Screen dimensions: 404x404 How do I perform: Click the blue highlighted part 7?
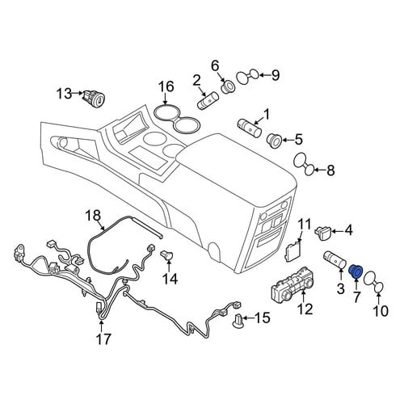(x=356, y=272)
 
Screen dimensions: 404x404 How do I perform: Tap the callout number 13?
(x=65, y=94)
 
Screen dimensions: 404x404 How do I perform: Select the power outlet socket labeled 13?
(x=95, y=99)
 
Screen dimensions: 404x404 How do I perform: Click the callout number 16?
(x=166, y=86)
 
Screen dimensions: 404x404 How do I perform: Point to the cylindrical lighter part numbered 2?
(x=209, y=100)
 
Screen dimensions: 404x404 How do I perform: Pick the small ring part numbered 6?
(x=228, y=86)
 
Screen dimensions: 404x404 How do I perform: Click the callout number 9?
(x=276, y=75)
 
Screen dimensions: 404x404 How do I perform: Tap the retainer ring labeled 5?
(x=274, y=140)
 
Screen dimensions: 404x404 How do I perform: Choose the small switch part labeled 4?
(x=323, y=233)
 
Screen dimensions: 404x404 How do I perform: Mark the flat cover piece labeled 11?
(x=293, y=250)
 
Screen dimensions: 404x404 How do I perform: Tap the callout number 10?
(x=381, y=310)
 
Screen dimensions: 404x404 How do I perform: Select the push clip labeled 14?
(x=168, y=255)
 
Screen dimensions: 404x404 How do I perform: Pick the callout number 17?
(x=104, y=339)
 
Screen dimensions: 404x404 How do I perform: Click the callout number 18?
(x=93, y=216)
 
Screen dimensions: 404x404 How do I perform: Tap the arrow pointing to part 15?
(x=250, y=318)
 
